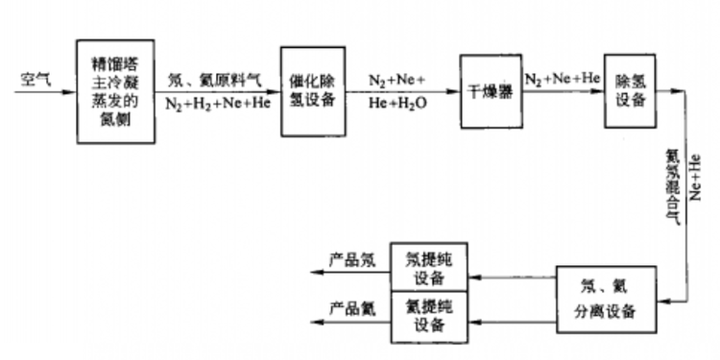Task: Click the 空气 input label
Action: point(36,79)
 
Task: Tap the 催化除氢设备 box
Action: point(311,91)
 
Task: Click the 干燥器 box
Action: point(490,92)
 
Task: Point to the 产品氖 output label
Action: point(353,259)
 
